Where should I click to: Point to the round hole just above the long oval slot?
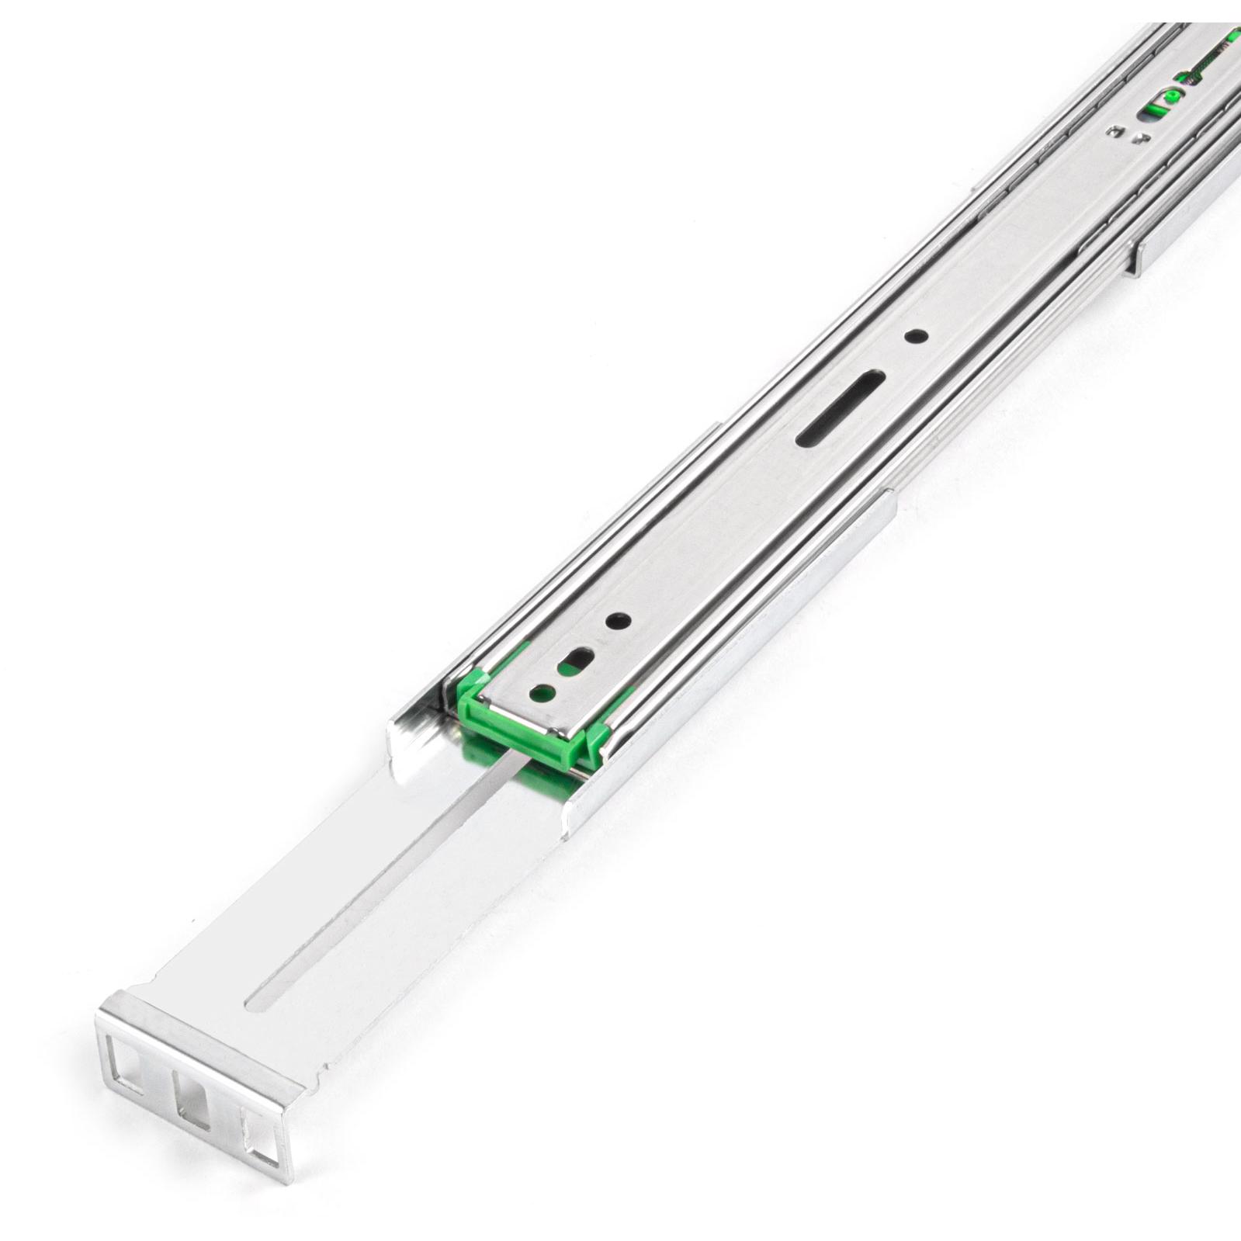[x=918, y=337]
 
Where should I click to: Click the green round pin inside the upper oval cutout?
[x=1172, y=95]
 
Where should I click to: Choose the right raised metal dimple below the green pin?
[x=1139, y=138]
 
